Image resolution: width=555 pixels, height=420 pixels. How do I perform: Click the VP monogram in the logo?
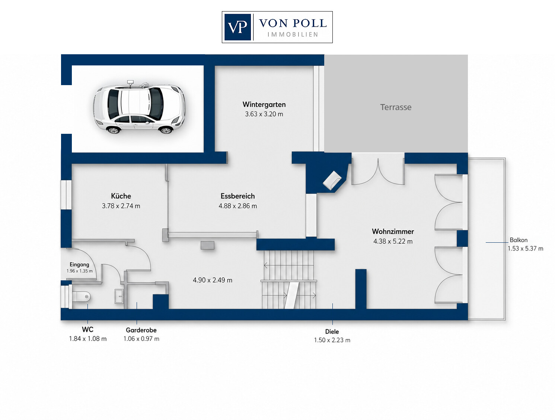(237, 27)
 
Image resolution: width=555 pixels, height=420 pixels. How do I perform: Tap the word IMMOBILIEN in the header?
(293, 35)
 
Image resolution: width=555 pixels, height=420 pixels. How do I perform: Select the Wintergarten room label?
(264, 104)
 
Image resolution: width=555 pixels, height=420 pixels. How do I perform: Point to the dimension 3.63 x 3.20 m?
(264, 114)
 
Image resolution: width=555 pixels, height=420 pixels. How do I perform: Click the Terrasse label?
(396, 107)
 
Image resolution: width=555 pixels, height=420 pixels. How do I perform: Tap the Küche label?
(121, 196)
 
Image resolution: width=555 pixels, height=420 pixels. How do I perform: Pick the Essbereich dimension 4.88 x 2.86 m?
(238, 206)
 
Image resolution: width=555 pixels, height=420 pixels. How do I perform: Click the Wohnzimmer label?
(393, 232)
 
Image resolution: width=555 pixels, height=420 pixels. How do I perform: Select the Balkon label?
(519, 240)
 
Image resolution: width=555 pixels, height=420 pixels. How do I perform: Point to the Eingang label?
(79, 265)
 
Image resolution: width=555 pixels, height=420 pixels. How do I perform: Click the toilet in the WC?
(81, 297)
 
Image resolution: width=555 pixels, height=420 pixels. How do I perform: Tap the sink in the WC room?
(119, 296)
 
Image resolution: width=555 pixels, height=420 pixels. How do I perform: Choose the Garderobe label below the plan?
(141, 330)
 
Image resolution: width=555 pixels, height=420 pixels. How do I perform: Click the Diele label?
(332, 332)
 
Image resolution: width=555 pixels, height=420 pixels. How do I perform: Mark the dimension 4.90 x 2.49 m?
(213, 280)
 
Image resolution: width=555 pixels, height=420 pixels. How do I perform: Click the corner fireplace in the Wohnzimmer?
(332, 180)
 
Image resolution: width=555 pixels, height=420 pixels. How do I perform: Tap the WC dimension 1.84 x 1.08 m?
(88, 339)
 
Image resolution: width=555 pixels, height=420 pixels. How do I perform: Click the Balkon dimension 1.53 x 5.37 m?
(526, 249)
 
